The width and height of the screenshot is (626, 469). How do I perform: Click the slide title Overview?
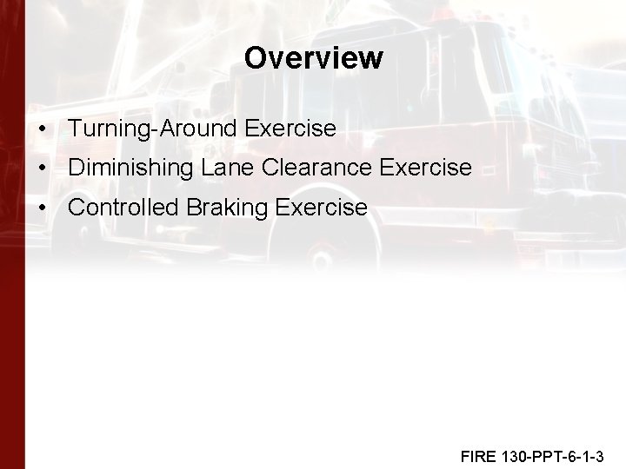313,58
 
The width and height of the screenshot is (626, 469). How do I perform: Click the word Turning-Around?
153,129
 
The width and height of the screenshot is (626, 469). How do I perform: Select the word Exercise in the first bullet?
290,129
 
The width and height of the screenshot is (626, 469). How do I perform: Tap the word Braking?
220,208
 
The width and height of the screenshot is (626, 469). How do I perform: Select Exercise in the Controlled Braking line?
321,208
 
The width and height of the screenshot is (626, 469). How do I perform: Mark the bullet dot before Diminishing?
43,168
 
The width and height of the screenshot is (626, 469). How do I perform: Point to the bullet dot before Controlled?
43,208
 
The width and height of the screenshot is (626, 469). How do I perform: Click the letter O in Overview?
256,58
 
